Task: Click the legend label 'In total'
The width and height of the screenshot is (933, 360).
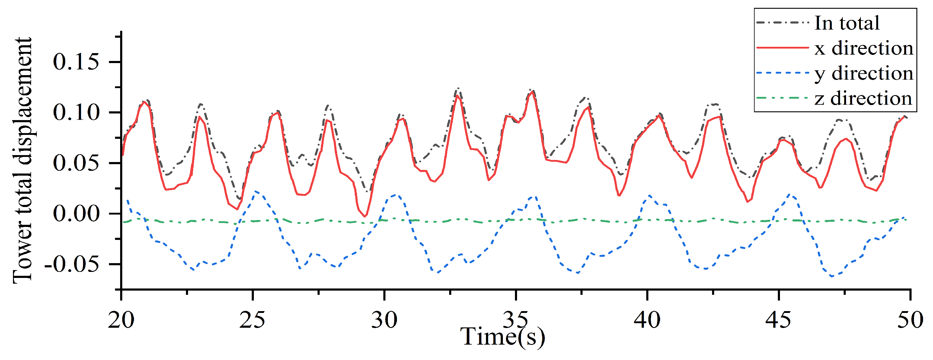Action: click(846, 23)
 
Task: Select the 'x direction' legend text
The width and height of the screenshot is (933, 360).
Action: click(864, 48)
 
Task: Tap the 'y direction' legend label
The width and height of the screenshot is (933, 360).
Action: click(864, 74)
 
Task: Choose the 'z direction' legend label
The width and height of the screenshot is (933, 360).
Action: click(863, 98)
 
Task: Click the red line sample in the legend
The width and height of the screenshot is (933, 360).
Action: click(782, 48)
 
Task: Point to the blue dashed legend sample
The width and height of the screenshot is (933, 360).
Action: click(782, 73)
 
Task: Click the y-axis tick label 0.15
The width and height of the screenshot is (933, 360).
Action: click(76, 62)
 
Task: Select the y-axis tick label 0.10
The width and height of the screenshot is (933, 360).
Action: click(76, 113)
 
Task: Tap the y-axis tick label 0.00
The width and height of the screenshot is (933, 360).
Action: click(76, 214)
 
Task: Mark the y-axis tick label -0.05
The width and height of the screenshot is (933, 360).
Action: click(72, 265)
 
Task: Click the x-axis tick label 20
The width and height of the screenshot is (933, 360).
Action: click(121, 320)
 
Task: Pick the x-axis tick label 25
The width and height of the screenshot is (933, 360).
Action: click(252, 320)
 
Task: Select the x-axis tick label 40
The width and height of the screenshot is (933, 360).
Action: click(647, 320)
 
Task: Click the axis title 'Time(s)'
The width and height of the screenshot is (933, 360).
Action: click(502, 337)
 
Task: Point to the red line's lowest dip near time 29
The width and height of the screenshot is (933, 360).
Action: click(365, 216)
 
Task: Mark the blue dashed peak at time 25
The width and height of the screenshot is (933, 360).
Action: click(256, 191)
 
